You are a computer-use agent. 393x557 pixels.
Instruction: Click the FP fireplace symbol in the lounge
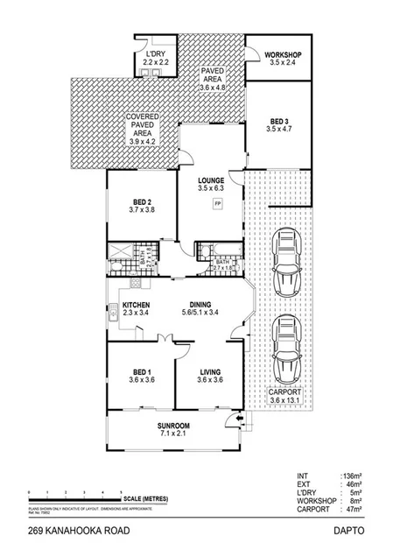pos(218,204)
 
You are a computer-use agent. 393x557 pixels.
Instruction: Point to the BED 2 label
pos(140,202)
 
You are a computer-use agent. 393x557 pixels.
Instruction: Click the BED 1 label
pos(140,371)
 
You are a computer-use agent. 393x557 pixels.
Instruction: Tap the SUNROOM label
pos(173,426)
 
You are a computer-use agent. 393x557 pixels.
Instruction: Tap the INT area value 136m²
pos(354,477)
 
